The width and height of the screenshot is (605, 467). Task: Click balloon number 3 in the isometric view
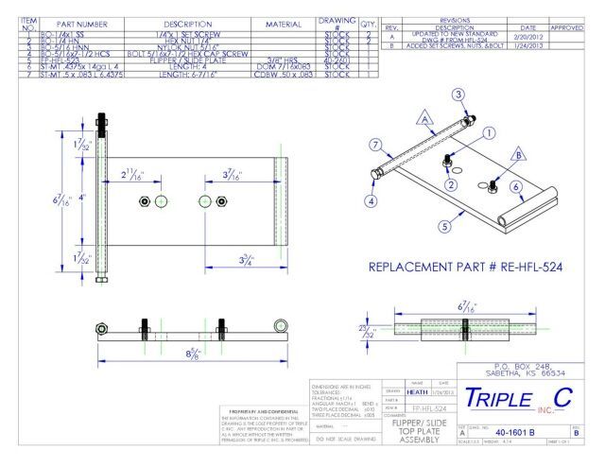(458, 95)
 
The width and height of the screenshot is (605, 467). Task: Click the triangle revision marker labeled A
(424, 118)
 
